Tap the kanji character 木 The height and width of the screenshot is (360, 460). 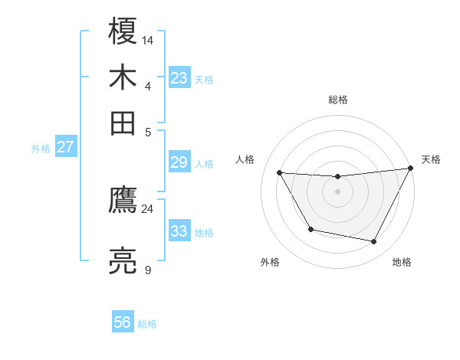coord(123,78)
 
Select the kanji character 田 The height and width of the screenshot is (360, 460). coord(123,123)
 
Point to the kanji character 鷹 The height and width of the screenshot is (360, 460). coord(123,201)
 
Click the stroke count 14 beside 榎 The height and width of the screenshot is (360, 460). coord(148,38)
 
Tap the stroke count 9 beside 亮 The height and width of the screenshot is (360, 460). coord(147,269)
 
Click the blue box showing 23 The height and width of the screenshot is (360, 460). coord(179,78)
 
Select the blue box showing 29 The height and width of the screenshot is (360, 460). coord(179,162)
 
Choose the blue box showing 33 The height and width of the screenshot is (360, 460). coord(179,231)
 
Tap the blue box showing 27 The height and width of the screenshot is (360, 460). coord(65,147)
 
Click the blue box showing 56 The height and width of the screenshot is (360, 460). coord(123,322)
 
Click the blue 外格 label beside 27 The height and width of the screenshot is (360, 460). coord(40,149)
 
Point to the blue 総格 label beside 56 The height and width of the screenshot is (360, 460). coord(147,324)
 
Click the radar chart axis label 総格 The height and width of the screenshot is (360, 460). coord(337,100)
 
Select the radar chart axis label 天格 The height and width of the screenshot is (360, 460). coord(431,159)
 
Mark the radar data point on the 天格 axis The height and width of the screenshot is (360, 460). coord(411,169)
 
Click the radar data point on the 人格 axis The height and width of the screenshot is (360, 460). coord(279,172)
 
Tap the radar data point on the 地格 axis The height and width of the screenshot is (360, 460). coord(374,242)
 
